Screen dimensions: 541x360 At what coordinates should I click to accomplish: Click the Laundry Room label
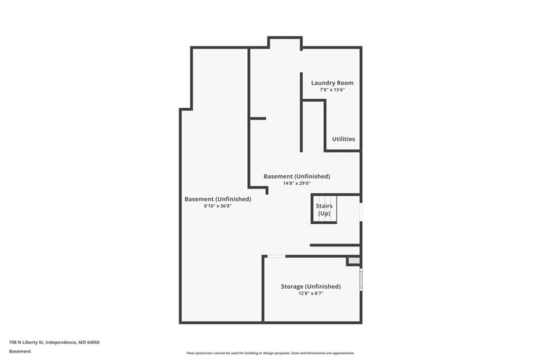[332, 83]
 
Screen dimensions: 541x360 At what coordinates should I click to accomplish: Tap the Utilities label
[343, 139]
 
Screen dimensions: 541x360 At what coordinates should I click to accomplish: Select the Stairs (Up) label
[324, 210]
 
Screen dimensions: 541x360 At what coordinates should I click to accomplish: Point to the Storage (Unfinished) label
[311, 287]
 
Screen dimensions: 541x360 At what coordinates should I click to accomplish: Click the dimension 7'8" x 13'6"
[332, 90]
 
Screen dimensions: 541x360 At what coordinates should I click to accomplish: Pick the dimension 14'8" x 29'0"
[297, 184]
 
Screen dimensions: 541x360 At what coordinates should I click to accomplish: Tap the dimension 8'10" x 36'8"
[218, 206]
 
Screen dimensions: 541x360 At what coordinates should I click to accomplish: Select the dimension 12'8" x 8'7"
[311, 293]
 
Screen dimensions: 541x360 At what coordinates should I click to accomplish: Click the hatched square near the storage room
[354, 261]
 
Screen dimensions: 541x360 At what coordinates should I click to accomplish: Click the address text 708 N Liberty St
[26, 343]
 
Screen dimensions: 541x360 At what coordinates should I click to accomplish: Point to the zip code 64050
[93, 343]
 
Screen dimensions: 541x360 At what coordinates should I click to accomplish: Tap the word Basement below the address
[20, 352]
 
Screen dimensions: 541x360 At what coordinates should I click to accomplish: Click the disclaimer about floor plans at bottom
[270, 353]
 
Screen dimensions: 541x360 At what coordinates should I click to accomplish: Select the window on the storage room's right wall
[361, 280]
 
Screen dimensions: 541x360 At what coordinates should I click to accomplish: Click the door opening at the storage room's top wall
[277, 256]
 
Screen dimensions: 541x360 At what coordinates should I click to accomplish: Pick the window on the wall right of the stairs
[361, 212]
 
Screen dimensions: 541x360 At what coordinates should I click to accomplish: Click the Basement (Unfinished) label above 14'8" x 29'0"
[297, 176]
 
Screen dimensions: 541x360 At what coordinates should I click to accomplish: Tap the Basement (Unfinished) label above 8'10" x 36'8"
[218, 200]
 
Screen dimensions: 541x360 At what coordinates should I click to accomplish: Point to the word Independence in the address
[61, 343]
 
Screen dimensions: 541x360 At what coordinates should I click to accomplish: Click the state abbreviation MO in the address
[82, 343]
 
